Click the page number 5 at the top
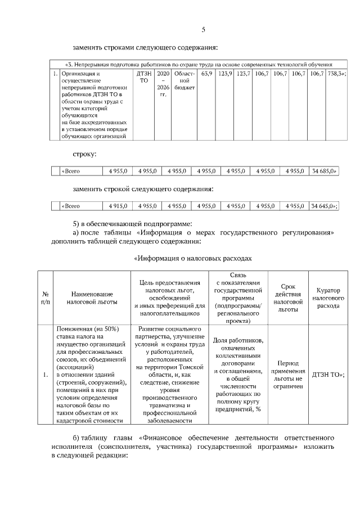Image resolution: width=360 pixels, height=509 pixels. click(204, 29)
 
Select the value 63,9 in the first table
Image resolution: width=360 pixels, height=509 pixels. click(206, 74)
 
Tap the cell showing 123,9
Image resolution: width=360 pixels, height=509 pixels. click(225, 74)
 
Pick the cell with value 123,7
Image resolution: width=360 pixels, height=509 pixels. click(243, 74)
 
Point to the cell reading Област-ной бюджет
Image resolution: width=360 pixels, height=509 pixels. click(184, 80)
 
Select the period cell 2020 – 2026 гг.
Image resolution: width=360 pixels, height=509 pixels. click(163, 84)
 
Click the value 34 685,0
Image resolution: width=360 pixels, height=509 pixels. click(323, 171)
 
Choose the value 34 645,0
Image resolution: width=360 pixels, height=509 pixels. click(323, 206)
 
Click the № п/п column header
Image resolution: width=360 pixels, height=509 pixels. click(45, 298)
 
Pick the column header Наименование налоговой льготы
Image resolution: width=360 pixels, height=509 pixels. click(92, 298)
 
